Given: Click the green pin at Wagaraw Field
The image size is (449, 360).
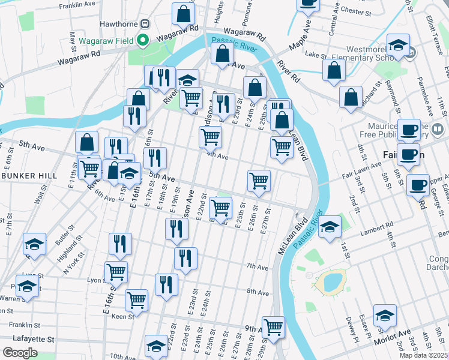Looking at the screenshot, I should pos(142,41).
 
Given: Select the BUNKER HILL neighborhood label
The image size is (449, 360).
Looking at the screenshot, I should pos(25,175).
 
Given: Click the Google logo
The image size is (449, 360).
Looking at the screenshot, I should pos(20,353).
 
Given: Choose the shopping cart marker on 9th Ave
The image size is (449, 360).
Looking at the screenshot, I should pos(273,328).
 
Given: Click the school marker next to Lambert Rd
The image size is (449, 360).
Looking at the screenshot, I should pos(330,227).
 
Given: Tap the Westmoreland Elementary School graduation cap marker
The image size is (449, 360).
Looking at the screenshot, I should pos(398,46).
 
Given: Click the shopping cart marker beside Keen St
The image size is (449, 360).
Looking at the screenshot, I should pos(137,299).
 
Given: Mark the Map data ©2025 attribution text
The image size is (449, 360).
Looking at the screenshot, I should pos(424,355).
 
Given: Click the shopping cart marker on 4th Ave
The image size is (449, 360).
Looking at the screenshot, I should pos(210,137).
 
